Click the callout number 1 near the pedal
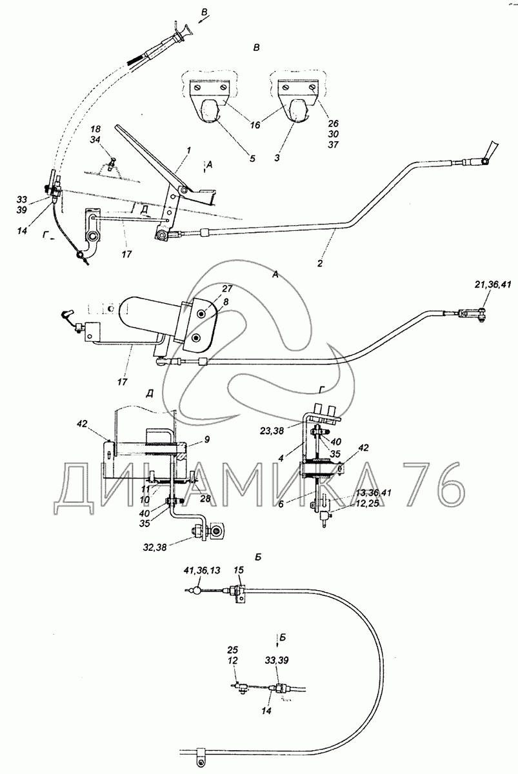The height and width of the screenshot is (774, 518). pos(188,150)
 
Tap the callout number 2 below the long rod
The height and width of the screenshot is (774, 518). pos(320,263)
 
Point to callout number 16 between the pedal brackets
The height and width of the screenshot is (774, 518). pos(255,124)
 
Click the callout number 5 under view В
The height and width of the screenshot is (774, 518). pos(252,158)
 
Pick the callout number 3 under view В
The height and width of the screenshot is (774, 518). pos(277,158)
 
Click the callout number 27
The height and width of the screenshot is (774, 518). pos(227,288)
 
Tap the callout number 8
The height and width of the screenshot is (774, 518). pos(226,302)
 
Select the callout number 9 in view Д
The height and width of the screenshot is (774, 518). pos(207,440)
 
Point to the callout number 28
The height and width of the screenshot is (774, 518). pos(205,498)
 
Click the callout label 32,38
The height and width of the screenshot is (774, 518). pos(154,547)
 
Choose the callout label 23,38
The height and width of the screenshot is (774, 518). pos(271,430)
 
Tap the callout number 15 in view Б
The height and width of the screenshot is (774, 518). pos(239,570)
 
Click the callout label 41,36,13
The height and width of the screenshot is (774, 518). pos(202,570)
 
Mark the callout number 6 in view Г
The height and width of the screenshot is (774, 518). pos(281,504)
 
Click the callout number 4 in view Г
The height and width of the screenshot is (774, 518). pos(281,459)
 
